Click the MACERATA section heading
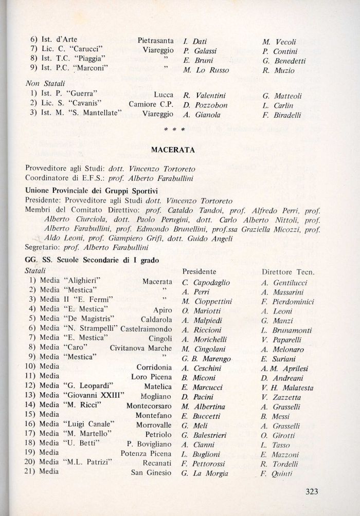point(173,150)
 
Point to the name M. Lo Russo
point(206,70)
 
